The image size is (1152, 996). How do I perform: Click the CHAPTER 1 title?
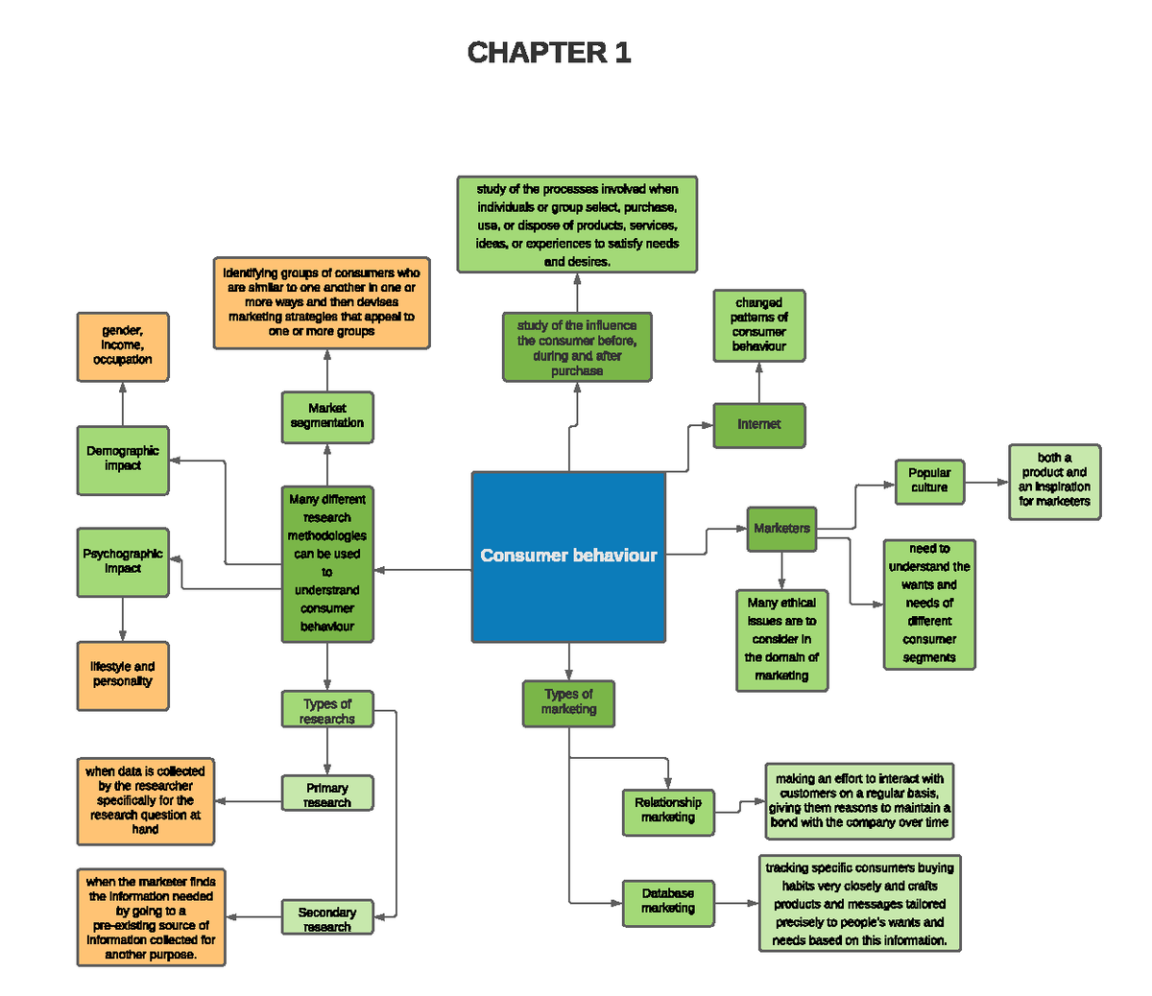coord(548,53)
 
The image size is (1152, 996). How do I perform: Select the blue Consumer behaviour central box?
coord(568,556)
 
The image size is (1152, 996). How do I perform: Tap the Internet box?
coord(758,425)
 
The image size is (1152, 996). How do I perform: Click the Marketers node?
coord(781,529)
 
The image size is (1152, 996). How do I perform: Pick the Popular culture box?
coord(929,481)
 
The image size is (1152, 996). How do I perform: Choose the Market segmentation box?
coord(327,416)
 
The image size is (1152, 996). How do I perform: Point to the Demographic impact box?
coord(123,460)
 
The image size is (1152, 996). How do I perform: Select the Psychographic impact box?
coord(123,562)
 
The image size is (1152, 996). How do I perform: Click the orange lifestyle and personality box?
coord(123,676)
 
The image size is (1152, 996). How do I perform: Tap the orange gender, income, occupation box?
coord(123,346)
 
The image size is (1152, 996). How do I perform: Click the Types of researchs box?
coord(327,710)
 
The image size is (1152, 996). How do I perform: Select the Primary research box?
coord(327,794)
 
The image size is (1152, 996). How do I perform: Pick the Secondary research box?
coord(327,918)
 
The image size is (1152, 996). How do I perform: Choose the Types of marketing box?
coord(568,703)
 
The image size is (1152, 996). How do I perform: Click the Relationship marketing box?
coord(668,811)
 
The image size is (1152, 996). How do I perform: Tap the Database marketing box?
coord(668,902)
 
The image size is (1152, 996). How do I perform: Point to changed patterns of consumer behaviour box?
coord(758,325)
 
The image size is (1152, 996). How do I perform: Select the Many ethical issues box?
coord(781,640)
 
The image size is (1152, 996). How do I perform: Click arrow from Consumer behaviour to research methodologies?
coord(422,570)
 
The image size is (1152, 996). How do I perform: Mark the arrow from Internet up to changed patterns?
coord(758,382)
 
